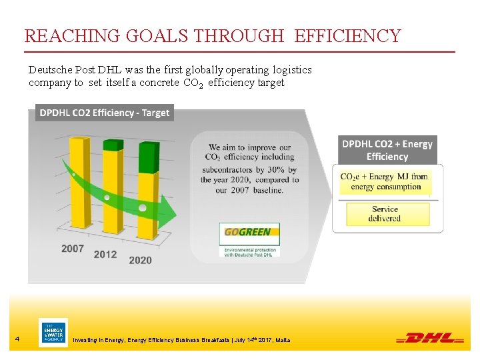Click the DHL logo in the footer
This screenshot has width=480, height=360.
(x=430, y=338)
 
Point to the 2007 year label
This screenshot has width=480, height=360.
(x=73, y=249)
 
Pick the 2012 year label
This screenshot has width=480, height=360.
(x=105, y=254)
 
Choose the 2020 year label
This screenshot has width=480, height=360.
(x=140, y=260)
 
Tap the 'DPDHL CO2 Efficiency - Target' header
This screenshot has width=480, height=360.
(x=105, y=113)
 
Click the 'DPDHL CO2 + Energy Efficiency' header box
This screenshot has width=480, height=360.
(x=387, y=150)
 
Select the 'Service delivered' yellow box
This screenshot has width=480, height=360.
(x=385, y=214)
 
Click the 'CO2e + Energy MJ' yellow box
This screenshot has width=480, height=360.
(x=385, y=181)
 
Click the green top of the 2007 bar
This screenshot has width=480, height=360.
(x=79, y=140)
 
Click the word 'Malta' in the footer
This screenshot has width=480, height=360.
(x=283, y=340)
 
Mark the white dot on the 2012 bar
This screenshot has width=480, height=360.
(x=107, y=197)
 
